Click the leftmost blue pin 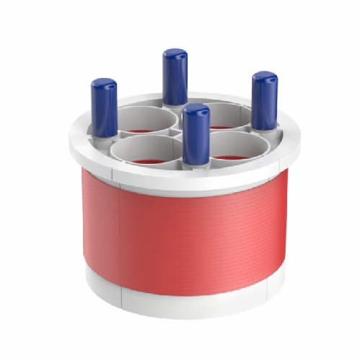click(104, 108)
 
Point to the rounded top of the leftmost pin click(104, 84)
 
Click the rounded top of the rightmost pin click(265, 77)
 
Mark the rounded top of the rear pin click(175, 54)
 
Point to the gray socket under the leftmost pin click(105, 136)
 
